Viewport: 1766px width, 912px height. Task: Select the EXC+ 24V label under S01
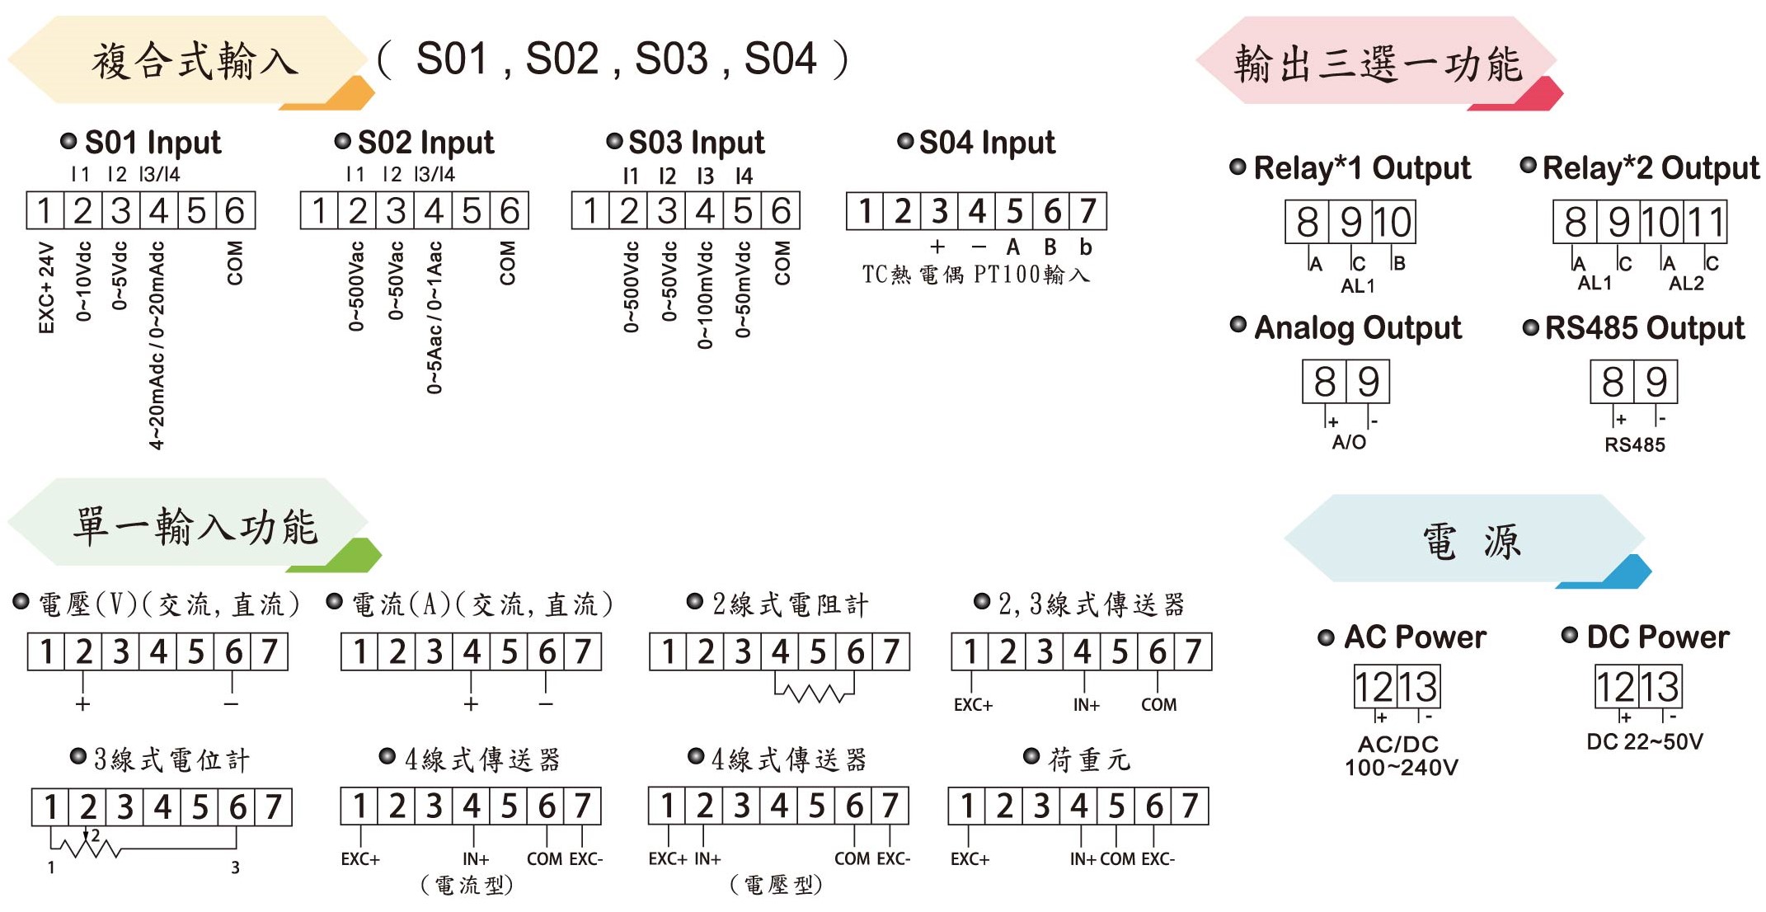[46, 288]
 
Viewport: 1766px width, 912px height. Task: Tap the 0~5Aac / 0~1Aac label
[434, 317]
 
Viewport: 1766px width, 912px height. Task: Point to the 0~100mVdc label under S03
[705, 295]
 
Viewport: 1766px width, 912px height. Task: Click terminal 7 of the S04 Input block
[1088, 212]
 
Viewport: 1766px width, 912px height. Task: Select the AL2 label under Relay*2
[1686, 284]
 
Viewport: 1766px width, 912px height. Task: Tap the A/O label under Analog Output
[1349, 442]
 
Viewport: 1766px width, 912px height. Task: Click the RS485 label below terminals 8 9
[1634, 445]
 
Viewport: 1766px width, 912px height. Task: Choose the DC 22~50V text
[1645, 742]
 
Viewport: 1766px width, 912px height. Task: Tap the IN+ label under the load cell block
[1083, 859]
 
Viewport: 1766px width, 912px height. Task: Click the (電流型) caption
[467, 886]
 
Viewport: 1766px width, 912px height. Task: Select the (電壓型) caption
[776, 886]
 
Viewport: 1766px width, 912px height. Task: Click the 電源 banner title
[1471, 543]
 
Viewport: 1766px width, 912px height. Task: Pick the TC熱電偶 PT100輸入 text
[975, 275]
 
